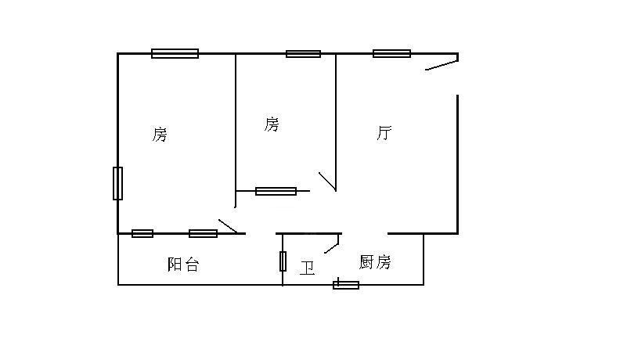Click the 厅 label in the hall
click(x=384, y=133)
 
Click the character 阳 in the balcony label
click(x=175, y=265)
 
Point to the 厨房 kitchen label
click(x=375, y=262)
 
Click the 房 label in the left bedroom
click(x=160, y=135)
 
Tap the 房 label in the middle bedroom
click(x=272, y=124)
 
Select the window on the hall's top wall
click(x=391, y=53)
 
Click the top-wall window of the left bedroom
click(x=175, y=53)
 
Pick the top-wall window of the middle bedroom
click(x=303, y=53)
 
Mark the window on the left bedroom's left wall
click(x=117, y=183)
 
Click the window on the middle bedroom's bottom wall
click(x=276, y=191)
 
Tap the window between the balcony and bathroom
click(x=283, y=261)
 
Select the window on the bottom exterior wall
click(x=346, y=284)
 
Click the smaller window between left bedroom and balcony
click(x=142, y=233)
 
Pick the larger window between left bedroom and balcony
click(x=203, y=233)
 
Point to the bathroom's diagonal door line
click(x=332, y=244)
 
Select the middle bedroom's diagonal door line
click(x=327, y=182)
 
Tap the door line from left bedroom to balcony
click(x=228, y=226)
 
